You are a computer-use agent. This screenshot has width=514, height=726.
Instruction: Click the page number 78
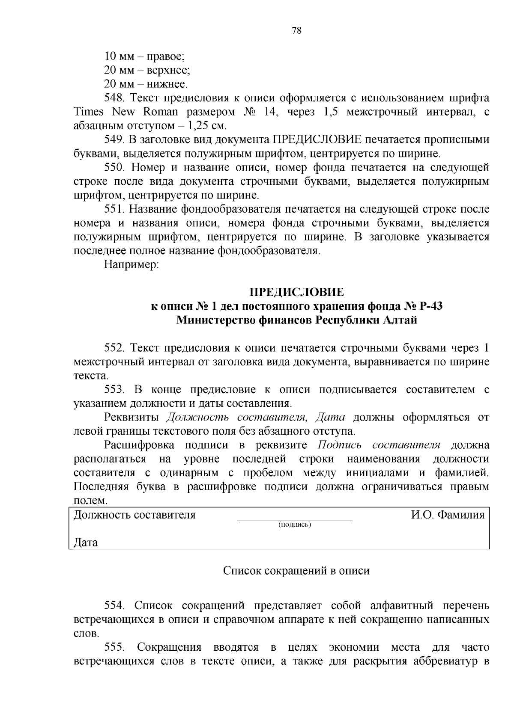pos(296,31)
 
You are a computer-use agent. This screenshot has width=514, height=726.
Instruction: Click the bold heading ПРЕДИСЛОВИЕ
pos(296,293)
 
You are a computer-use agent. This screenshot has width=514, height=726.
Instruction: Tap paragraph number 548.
pos(114,98)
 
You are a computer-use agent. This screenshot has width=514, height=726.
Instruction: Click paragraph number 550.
pos(114,168)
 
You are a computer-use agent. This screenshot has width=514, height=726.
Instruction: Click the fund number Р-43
pos(431,306)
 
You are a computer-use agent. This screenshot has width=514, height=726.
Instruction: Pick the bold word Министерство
pos(216,320)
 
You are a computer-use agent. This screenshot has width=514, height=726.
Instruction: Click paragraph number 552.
pos(114,348)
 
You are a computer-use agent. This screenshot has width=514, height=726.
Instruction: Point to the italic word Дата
pos(330,417)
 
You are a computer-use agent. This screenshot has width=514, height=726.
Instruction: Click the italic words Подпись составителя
pos(379,445)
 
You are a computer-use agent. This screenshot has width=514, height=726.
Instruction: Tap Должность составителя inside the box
pos(134,515)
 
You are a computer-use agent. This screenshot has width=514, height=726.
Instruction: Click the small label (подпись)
pos(295,524)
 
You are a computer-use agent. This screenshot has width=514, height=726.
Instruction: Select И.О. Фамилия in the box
pos(448,515)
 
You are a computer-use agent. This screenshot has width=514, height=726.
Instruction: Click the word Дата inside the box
pos(86,542)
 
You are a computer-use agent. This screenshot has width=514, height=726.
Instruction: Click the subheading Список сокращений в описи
pos(296,571)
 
